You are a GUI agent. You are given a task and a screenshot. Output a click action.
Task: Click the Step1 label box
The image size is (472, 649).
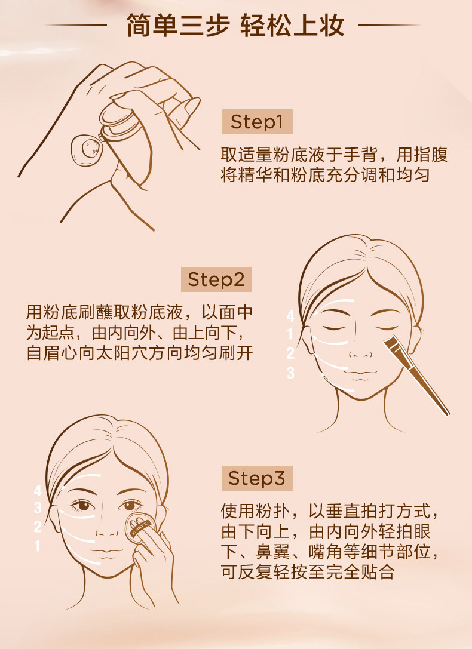(x=257, y=122)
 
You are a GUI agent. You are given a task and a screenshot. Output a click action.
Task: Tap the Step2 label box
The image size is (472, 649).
(x=216, y=279)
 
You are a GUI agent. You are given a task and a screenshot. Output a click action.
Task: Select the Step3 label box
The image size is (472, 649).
(x=257, y=478)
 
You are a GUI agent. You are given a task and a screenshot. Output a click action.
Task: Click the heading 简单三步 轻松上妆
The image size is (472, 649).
(x=235, y=26)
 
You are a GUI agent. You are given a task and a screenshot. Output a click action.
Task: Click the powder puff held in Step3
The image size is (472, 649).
(x=141, y=528)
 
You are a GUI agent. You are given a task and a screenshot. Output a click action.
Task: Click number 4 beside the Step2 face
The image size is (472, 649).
(x=290, y=316)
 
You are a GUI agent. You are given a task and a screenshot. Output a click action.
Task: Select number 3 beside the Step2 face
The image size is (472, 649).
(x=290, y=373)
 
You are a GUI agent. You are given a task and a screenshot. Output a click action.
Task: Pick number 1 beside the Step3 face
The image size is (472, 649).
(x=38, y=546)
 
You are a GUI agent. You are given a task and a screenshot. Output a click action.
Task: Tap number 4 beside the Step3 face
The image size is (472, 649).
(x=38, y=490)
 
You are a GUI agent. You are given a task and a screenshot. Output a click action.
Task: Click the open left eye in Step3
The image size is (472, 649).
(x=83, y=505)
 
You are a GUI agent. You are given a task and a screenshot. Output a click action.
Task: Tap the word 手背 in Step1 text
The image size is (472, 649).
(x=360, y=155)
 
